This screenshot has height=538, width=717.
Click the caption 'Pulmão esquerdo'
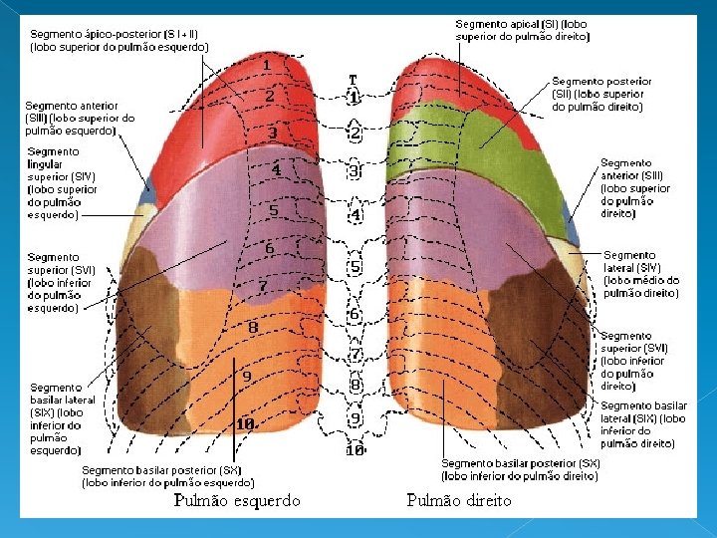[237, 501]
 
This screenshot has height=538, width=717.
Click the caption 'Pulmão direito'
[459, 500]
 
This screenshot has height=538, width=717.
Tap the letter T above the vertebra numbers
[353, 79]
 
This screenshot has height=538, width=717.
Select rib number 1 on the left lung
[268, 66]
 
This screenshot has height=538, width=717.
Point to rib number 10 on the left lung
[245, 423]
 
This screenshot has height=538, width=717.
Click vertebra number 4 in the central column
[355, 214]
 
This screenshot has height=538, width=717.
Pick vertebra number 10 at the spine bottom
[355, 450]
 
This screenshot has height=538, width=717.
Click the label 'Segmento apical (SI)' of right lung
[522, 30]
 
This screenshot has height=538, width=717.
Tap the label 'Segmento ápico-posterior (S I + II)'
[119, 40]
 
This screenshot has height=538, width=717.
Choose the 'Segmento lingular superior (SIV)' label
[62, 182]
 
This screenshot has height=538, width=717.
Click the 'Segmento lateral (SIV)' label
[641, 274]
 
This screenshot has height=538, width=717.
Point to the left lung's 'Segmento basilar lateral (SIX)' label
[57, 418]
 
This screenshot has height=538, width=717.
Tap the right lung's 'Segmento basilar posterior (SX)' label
[521, 469]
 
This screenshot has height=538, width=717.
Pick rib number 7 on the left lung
[262, 287]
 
